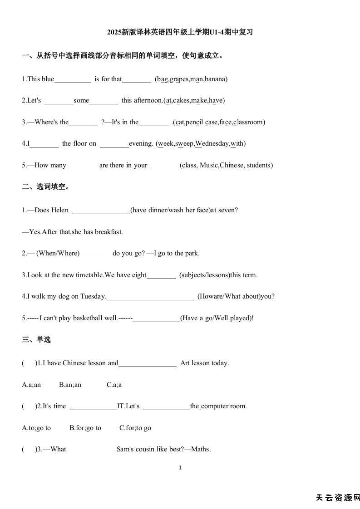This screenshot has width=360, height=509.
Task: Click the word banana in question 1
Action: pyautogui.click(x=215, y=79)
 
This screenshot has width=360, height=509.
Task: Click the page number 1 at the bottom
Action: pyautogui.click(x=180, y=468)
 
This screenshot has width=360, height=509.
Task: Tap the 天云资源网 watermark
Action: pyautogui.click(x=337, y=498)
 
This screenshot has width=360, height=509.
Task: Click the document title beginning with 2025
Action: pyautogui.click(x=180, y=32)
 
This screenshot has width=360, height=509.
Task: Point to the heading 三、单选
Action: pyautogui.click(x=36, y=339)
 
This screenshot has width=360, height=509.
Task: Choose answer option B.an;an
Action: pyautogui.click(x=70, y=385)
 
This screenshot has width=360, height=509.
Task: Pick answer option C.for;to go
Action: pyautogui.click(x=135, y=428)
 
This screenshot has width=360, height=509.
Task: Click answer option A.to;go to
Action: pyautogui.click(x=36, y=428)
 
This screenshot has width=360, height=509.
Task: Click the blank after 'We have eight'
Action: pyautogui.click(x=161, y=275)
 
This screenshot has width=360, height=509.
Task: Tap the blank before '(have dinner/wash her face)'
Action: pyautogui.click(x=101, y=210)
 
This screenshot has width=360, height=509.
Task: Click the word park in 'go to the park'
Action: pyautogui.click(x=192, y=253)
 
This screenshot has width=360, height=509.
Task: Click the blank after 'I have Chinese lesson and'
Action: pyautogui.click(x=148, y=363)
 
